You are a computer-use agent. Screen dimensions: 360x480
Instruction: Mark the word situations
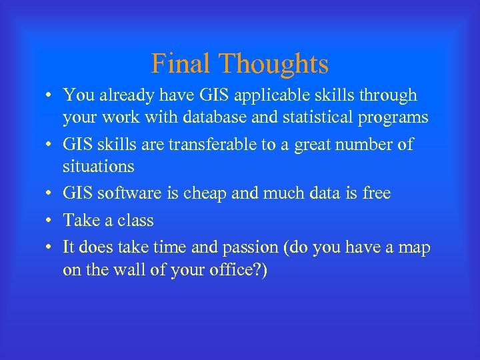point(99,165)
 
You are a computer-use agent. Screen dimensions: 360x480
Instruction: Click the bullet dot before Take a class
point(50,221)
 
